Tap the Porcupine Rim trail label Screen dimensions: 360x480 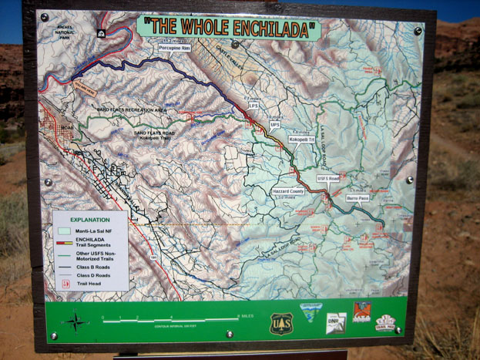(x=174, y=47)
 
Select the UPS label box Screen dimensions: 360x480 (x=275, y=124)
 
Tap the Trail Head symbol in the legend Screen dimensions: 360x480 (x=65, y=284)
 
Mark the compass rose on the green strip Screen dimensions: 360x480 (x=76, y=321)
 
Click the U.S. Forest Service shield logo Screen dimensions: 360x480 (x=280, y=323)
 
